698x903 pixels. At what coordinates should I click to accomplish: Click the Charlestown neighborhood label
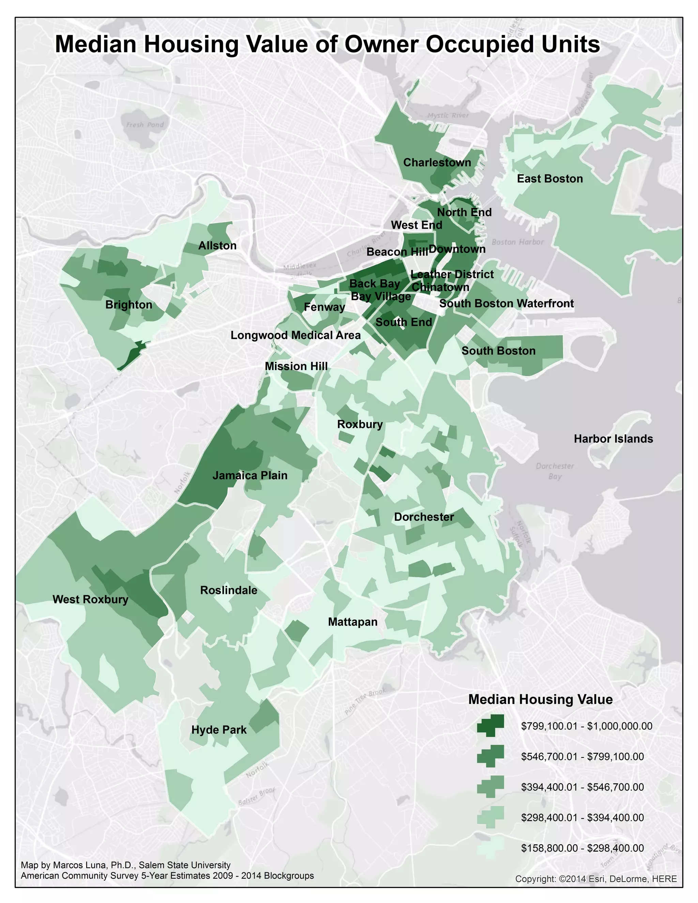click(x=437, y=163)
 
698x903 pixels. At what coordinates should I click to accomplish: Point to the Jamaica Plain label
click(x=250, y=475)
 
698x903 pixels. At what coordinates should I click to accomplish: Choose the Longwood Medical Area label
click(x=295, y=335)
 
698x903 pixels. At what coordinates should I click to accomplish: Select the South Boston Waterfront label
click(x=506, y=304)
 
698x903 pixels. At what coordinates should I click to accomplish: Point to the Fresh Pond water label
click(x=145, y=125)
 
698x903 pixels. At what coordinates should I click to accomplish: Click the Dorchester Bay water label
click(x=555, y=471)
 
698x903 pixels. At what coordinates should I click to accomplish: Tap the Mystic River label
click(x=448, y=116)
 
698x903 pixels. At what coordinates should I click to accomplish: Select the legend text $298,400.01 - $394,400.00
click(x=582, y=817)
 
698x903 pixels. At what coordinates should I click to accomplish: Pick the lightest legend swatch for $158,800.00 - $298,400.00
click(x=490, y=848)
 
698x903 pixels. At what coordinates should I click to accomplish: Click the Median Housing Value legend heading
click(x=540, y=699)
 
